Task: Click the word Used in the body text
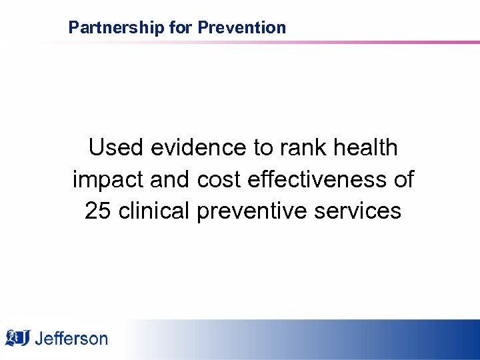point(115,147)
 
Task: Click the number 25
point(98,211)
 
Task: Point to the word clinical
point(153,211)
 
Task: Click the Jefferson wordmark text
point(71,339)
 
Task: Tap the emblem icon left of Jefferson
point(18,338)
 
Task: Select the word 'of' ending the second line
point(400,179)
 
